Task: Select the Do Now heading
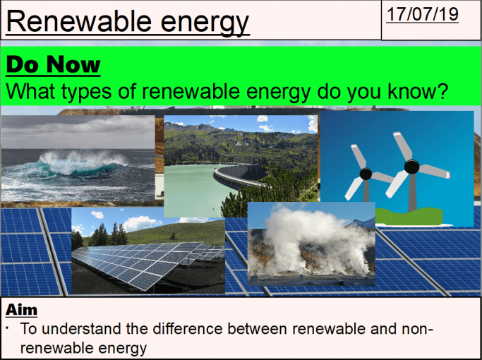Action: click(x=53, y=66)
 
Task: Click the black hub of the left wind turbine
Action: click(x=365, y=172)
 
